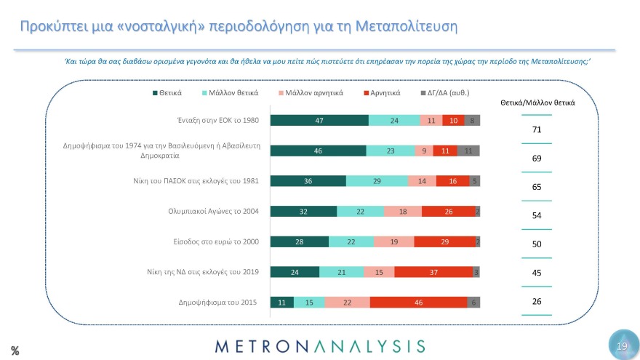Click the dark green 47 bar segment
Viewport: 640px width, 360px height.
[319, 121]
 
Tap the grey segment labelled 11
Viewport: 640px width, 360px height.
[468, 151]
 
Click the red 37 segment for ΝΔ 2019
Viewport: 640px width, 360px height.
[433, 272]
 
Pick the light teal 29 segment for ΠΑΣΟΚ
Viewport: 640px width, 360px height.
[377, 181]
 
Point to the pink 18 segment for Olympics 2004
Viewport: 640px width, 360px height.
[403, 212]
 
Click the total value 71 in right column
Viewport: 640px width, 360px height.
[537, 129]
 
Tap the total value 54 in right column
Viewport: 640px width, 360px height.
[537, 216]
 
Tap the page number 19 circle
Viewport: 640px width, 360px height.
[622, 346]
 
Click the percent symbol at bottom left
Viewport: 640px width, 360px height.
[15, 351]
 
